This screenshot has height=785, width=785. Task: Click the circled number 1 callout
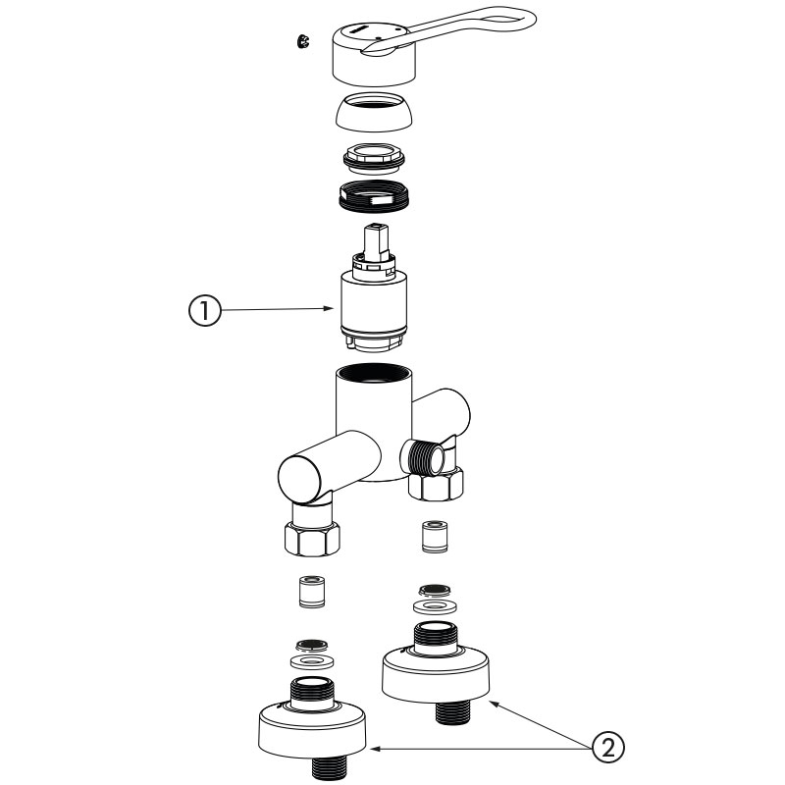tap(204, 310)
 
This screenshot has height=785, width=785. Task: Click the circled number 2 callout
tap(608, 748)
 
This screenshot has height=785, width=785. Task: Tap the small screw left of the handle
tap(302, 41)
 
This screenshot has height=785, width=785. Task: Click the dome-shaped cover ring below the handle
tap(375, 113)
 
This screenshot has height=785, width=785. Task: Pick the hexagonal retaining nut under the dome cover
tap(374, 158)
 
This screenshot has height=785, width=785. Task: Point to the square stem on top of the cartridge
tap(376, 242)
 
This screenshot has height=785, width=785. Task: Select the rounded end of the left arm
tap(299, 480)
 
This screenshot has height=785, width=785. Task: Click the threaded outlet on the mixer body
tap(427, 455)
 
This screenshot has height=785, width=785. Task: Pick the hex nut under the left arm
tap(311, 538)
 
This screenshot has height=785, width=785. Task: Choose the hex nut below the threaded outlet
tap(436, 483)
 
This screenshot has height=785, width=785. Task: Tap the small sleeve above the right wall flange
tap(435, 537)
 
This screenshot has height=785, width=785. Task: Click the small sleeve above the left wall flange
tap(311, 592)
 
